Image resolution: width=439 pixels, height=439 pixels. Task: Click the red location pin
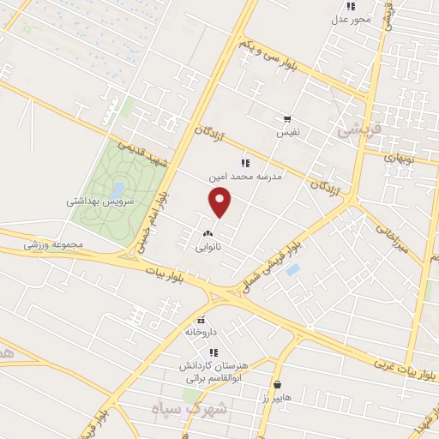[x=220, y=202]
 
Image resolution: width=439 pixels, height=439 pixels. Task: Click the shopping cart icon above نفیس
[x=286, y=120]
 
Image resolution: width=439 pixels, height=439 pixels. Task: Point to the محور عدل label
[x=353, y=18]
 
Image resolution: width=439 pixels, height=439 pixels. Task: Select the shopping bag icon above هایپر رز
[x=277, y=385]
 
